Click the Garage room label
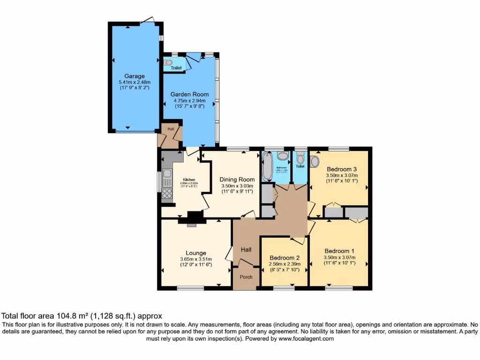[x=134, y=76]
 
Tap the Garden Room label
[x=189, y=94]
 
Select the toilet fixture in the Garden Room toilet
[x=169, y=62]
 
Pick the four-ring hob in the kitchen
[x=167, y=194]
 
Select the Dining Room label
[x=237, y=179]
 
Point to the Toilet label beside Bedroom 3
[x=300, y=166]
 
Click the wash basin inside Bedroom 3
[x=315, y=162]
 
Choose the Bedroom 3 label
[x=342, y=169]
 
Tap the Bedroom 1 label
[x=339, y=251]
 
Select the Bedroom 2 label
[x=285, y=257]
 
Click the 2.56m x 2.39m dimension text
[x=285, y=264]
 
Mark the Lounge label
[x=195, y=253]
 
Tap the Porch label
[x=246, y=277]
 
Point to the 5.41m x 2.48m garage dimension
[x=134, y=82]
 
